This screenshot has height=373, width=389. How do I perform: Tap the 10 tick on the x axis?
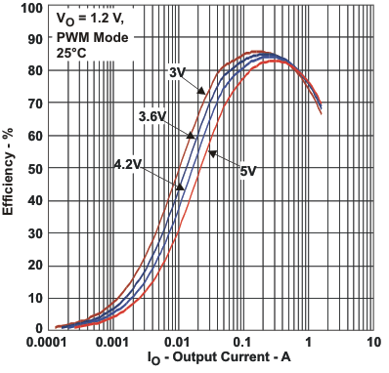pos(372,344)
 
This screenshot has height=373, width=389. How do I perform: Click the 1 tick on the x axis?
pos(308,344)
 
